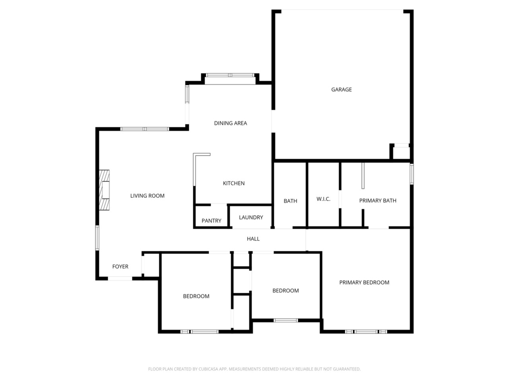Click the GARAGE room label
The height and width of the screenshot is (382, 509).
[x=341, y=90]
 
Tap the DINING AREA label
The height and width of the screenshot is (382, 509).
[x=231, y=123]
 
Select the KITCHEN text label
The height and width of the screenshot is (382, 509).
[x=234, y=183]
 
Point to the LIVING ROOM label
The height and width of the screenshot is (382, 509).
[x=147, y=196]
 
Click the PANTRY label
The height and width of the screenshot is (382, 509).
[x=212, y=220]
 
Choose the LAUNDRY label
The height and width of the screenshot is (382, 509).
[x=251, y=217]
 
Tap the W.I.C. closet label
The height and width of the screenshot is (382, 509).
[x=323, y=199]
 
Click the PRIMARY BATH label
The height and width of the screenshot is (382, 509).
[x=378, y=201]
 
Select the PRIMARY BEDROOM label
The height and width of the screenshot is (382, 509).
[x=364, y=283]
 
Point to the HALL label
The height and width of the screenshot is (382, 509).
[x=253, y=239]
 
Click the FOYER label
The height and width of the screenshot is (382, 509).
[x=120, y=267]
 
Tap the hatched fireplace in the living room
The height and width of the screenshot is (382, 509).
[x=104, y=190]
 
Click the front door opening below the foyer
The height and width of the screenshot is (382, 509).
[x=120, y=278]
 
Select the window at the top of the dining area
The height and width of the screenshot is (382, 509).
[x=230, y=75]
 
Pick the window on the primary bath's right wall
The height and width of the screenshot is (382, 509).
[x=412, y=174]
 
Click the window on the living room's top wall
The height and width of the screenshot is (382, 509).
[x=145, y=129]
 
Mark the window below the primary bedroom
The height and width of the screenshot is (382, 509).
[x=366, y=332]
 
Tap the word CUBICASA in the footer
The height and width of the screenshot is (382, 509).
[x=208, y=369]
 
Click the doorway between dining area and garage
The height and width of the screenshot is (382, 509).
[x=273, y=121]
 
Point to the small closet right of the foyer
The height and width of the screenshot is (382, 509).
[x=151, y=265]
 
